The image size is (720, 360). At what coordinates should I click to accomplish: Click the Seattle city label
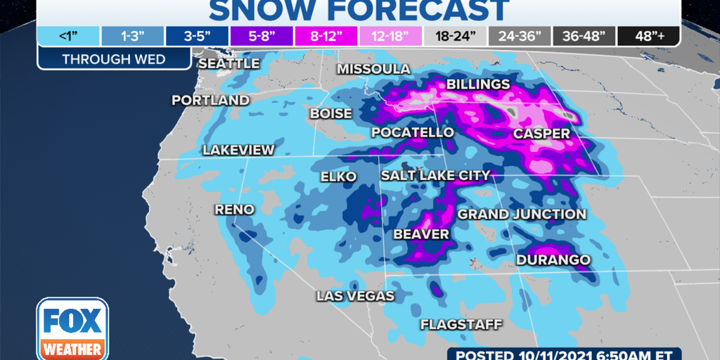tap(229, 64)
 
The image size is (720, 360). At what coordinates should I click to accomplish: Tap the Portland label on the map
tap(210, 101)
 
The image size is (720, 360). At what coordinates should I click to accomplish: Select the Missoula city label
tap(373, 69)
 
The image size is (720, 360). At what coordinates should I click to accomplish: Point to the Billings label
tap(478, 85)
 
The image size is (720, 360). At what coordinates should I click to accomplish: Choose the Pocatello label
tap(413, 133)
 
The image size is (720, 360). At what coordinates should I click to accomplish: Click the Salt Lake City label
tap(435, 175)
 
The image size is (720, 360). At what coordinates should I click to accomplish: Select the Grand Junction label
tap(522, 214)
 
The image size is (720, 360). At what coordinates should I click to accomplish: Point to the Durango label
tap(553, 260)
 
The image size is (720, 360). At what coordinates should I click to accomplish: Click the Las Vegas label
tap(349, 296)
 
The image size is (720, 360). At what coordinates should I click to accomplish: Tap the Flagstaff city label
tap(461, 324)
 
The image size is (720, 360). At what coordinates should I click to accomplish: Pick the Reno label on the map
tap(234, 210)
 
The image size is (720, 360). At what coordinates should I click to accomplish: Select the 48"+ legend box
tap(648, 37)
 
